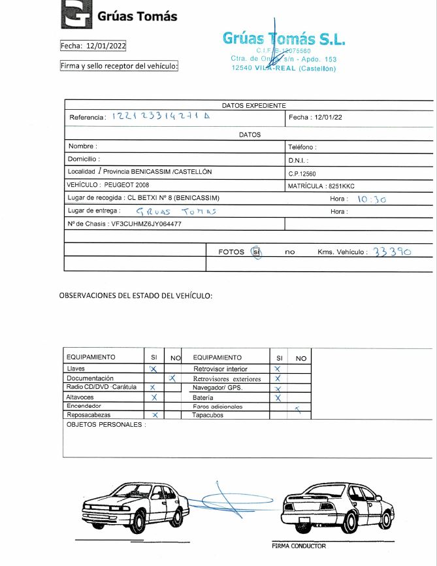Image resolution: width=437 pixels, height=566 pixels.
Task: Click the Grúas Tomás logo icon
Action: pos(76,14)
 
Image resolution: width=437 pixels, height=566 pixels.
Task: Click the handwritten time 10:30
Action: pos(372,199)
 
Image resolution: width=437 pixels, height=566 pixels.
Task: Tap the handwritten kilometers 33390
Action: pos(391,251)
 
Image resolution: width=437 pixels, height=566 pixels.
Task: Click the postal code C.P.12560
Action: pos(302,174)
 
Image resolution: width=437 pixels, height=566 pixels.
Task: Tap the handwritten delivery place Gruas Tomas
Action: pos(176,212)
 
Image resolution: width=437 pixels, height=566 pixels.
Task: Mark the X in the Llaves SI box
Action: pos(154,369)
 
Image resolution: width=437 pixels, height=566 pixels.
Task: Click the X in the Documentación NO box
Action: pos(172,378)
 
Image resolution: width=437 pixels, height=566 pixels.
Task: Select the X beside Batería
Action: pos(278,397)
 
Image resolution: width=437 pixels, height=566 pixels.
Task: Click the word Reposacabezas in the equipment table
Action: pos(89,415)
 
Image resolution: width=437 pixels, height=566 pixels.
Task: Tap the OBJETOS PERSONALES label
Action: pos(105,425)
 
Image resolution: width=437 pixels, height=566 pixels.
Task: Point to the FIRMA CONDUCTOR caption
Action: pos(299,546)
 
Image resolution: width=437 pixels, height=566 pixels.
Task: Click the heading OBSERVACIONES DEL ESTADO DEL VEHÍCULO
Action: pos(136,295)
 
